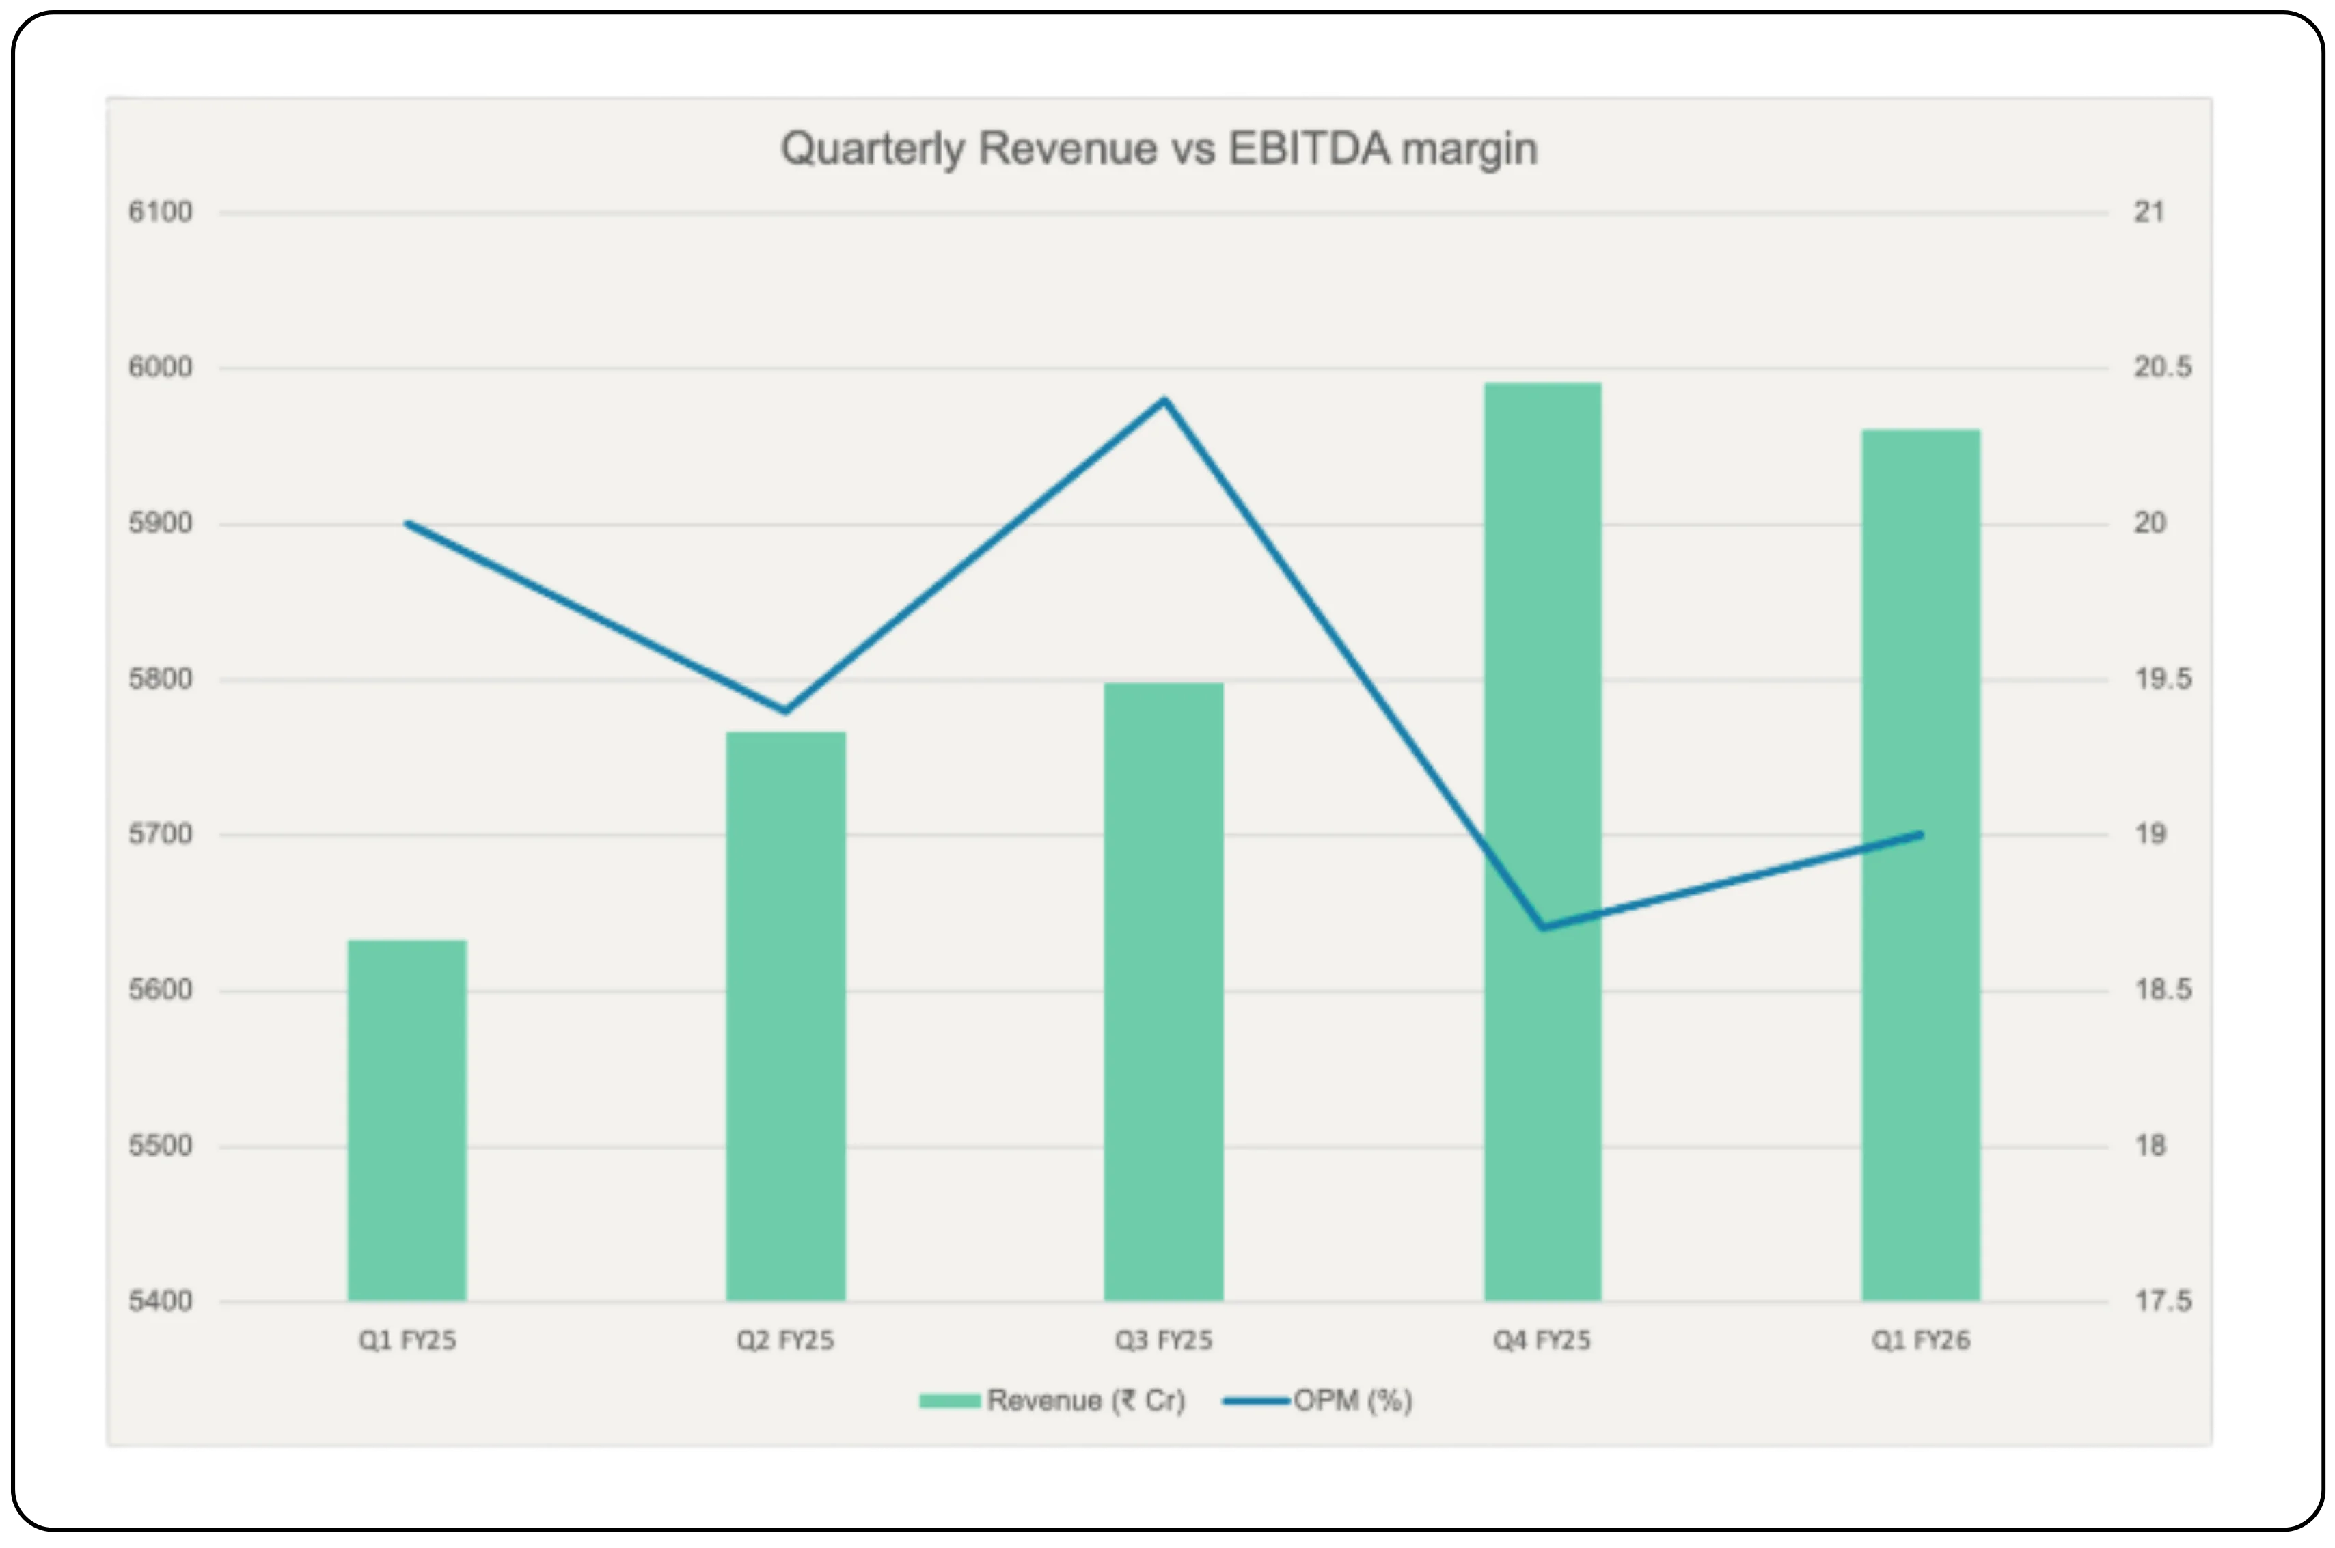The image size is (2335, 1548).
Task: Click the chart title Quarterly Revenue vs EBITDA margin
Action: coord(1159,149)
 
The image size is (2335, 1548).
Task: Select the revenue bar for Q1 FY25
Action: coord(407,1120)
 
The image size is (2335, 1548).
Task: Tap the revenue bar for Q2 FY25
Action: coord(786,1017)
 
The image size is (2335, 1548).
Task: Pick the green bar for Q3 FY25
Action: coord(1163,992)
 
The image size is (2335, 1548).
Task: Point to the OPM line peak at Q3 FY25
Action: coord(1164,400)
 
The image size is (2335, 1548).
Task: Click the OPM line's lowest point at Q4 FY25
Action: coord(1542,928)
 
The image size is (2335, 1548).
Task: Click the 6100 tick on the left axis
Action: coord(160,212)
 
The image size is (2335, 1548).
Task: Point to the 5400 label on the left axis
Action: coord(160,1301)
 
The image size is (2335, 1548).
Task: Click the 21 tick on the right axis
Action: coord(2149,212)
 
